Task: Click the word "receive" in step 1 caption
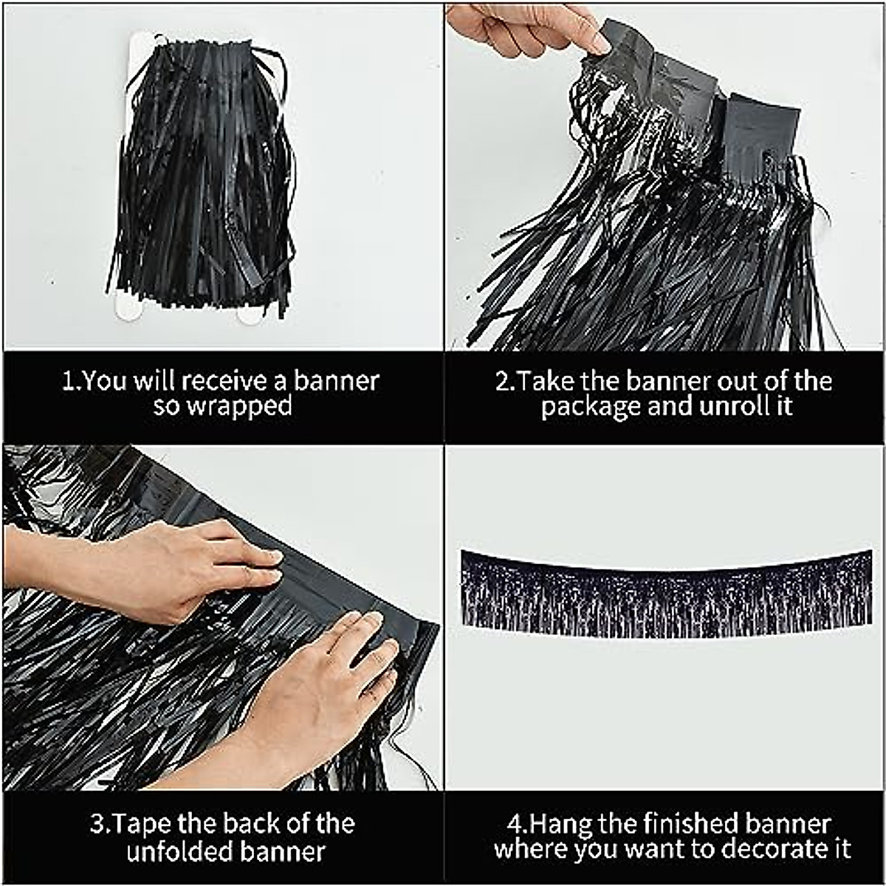(224, 381)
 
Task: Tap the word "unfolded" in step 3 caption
(172, 851)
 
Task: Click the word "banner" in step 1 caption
(337, 381)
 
